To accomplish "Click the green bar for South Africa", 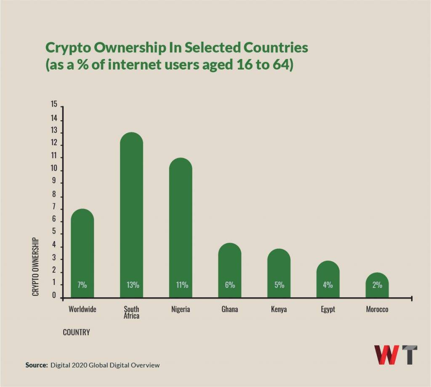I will coord(131,215).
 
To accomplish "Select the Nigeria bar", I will coord(181,228).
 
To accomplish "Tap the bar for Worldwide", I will coord(82,253).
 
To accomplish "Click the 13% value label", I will coord(132,285).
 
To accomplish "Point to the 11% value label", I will coord(181,285).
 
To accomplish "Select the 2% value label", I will coord(377,285).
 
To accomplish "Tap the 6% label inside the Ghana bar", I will coord(230,285).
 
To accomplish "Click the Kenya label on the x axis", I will coord(279,309).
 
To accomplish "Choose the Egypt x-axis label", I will coord(328,309).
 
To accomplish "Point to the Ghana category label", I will coord(230,309).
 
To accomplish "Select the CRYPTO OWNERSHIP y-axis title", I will coord(36,266).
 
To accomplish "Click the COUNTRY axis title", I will coord(76,332).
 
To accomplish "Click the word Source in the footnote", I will coord(36,365).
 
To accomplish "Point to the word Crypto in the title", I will coord(68,48).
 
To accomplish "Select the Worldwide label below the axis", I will coord(82,309).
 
